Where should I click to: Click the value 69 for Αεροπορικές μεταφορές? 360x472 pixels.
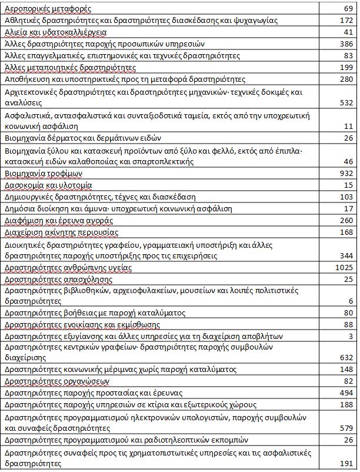click(348, 9)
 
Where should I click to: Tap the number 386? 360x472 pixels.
click(345, 44)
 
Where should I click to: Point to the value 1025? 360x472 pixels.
click(343, 267)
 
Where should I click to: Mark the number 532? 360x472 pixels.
click(345, 102)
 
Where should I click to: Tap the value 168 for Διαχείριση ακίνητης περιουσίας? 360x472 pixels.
click(345, 232)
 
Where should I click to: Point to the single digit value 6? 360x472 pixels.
click(350, 301)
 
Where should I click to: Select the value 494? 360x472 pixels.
click(345, 393)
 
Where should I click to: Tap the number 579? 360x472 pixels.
click(345, 428)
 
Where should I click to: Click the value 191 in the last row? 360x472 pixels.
click(345, 463)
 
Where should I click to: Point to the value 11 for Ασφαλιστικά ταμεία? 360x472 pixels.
click(348, 126)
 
